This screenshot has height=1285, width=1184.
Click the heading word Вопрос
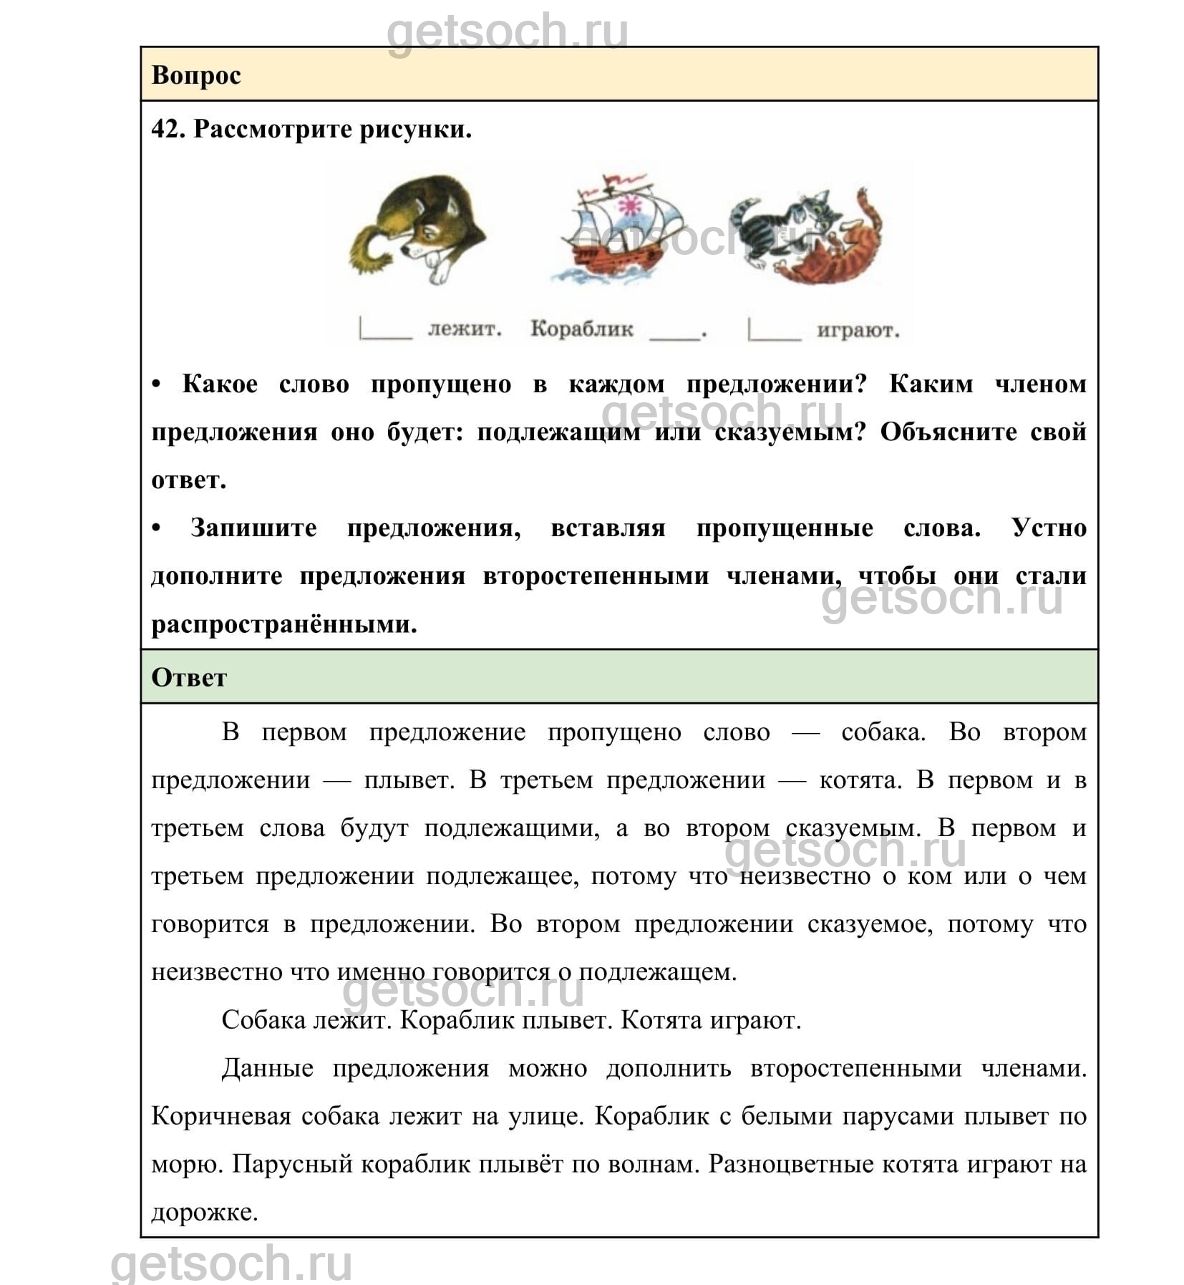196,75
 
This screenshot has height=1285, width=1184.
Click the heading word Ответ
189,677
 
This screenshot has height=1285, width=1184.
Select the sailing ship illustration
620,230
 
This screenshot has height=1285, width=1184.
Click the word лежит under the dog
465,329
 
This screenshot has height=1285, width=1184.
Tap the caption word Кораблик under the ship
581,329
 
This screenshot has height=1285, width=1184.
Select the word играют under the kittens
858,331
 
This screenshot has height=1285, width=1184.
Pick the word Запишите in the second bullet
253,528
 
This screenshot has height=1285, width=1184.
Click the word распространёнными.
284,624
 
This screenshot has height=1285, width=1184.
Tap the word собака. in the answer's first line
883,732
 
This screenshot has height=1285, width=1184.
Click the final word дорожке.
204,1213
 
